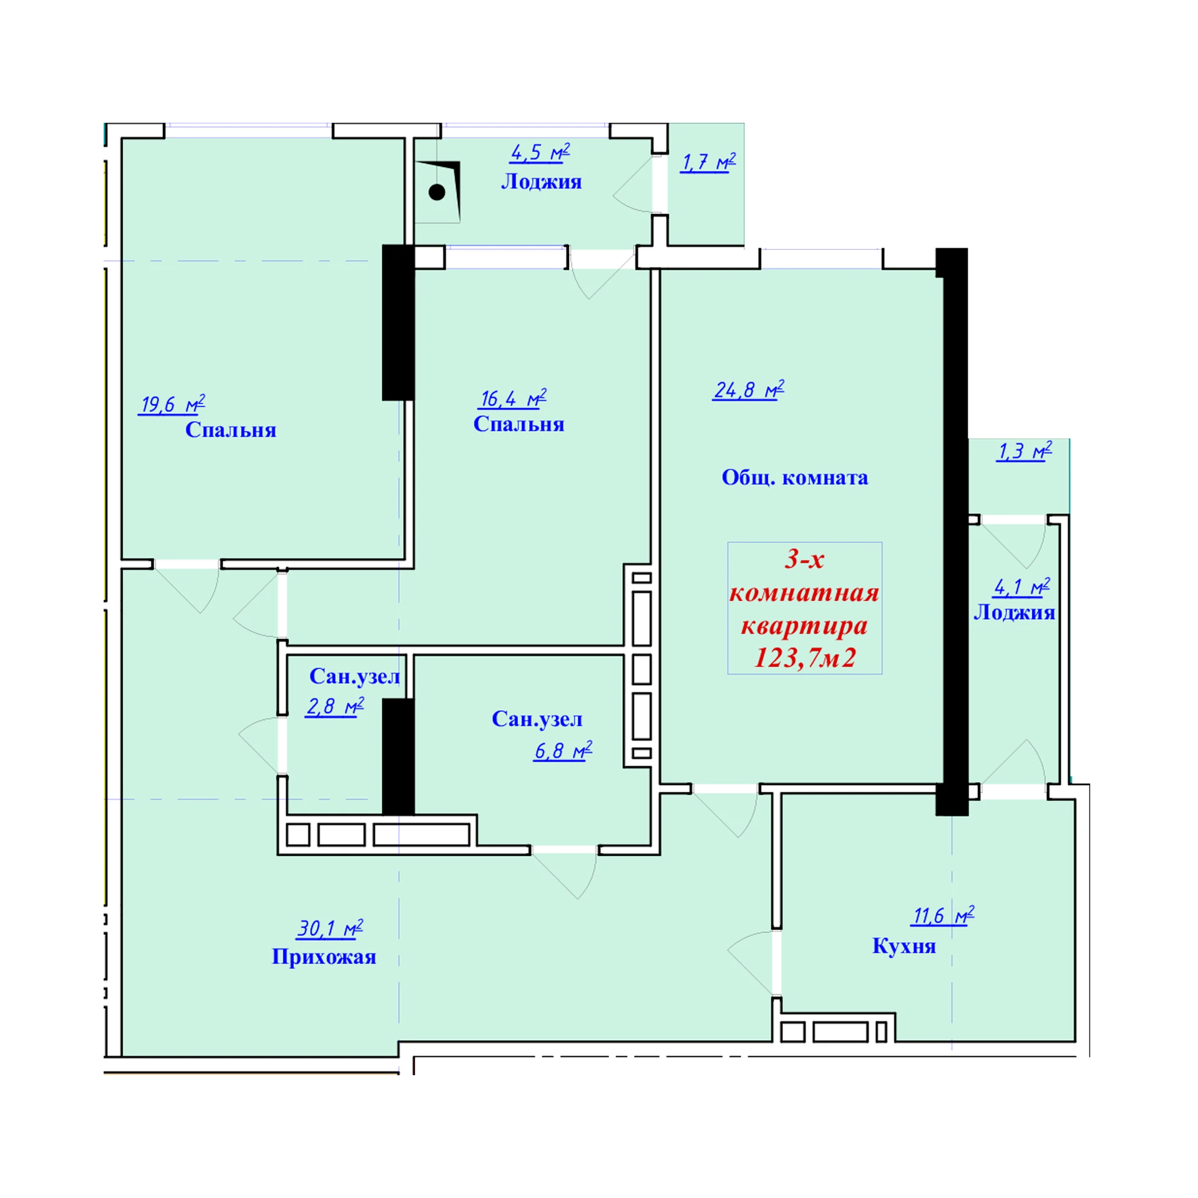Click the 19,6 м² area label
pyautogui.click(x=172, y=405)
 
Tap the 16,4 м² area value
pyautogui.click(x=512, y=399)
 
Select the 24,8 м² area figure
pyautogui.click(x=748, y=390)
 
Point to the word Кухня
pyautogui.click(x=904, y=946)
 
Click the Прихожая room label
pyautogui.click(x=324, y=957)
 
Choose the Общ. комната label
pyautogui.click(x=795, y=478)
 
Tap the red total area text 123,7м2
pyautogui.click(x=805, y=658)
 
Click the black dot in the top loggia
pyautogui.click(x=437, y=192)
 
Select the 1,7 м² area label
pyautogui.click(x=708, y=162)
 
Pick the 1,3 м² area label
pyautogui.click(x=1025, y=451)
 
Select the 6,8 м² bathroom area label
pyautogui.click(x=563, y=751)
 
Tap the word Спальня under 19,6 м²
pyautogui.click(x=231, y=430)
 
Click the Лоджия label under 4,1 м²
pyautogui.click(x=1015, y=613)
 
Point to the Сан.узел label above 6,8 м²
pyautogui.click(x=537, y=719)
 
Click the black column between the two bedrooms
pyautogui.click(x=398, y=322)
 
